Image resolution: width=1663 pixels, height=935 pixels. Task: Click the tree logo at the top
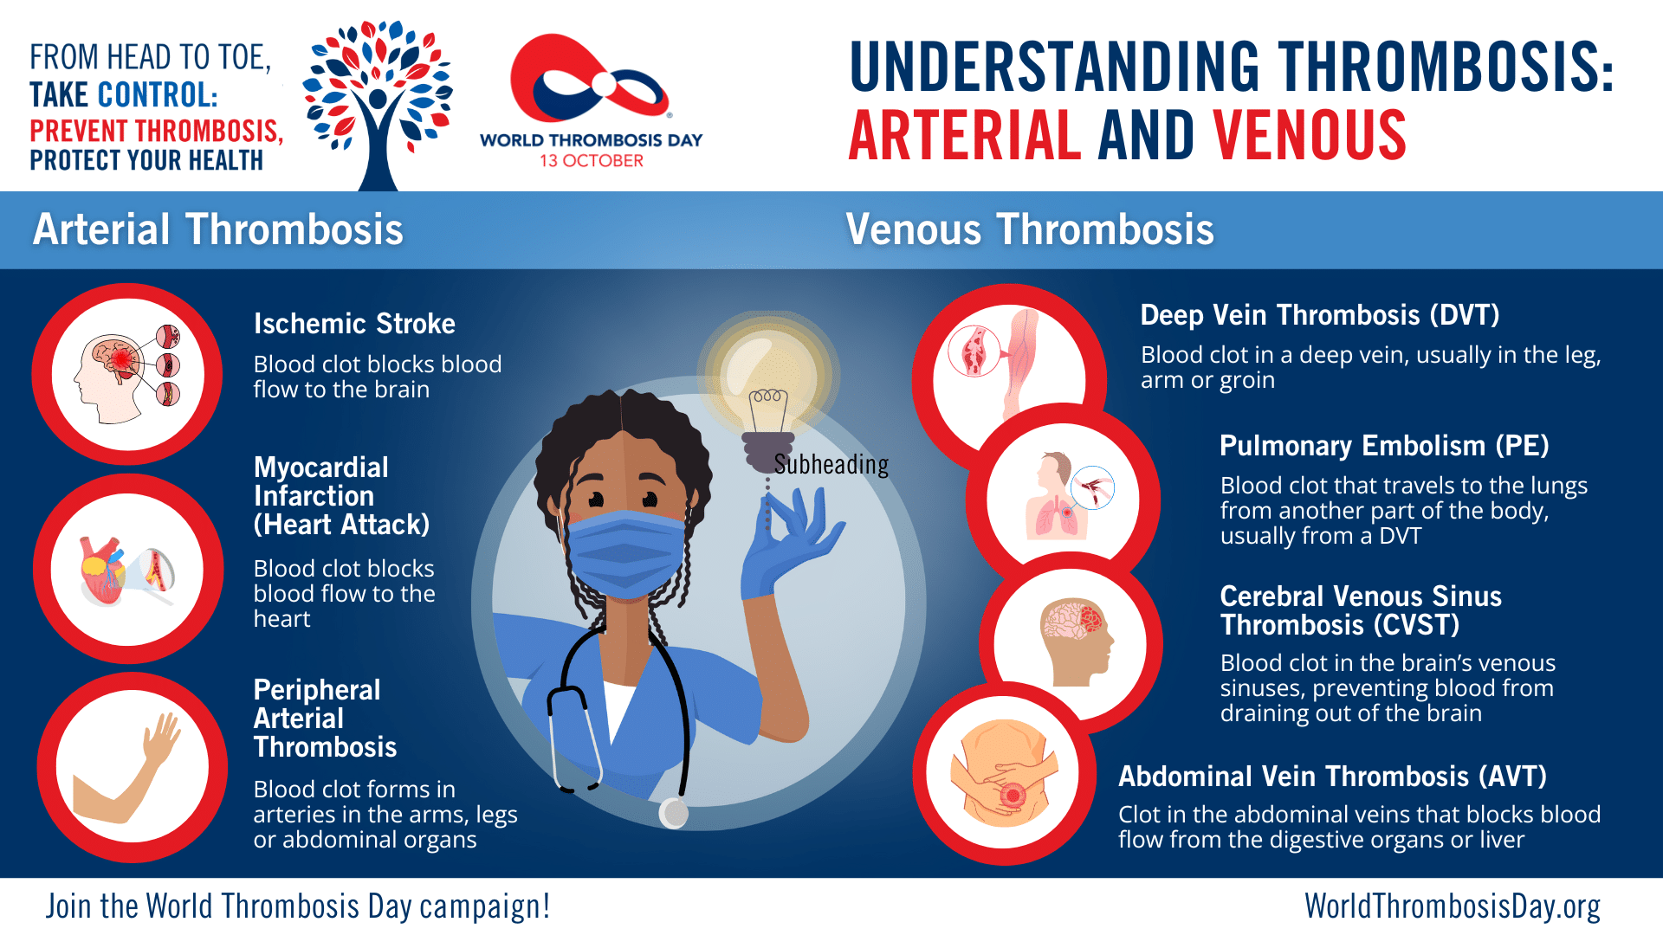point(378,104)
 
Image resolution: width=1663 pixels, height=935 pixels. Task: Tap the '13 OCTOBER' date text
point(592,161)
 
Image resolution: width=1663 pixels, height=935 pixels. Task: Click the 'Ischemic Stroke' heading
point(354,324)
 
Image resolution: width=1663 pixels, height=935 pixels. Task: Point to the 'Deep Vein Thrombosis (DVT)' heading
point(1320,315)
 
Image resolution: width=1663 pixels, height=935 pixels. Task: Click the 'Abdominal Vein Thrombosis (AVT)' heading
point(1332,777)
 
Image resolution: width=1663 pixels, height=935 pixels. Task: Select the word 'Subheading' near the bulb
point(831,465)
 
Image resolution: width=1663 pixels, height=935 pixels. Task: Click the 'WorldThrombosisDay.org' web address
point(1453,906)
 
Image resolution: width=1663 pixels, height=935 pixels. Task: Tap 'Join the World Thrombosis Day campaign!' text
point(298,906)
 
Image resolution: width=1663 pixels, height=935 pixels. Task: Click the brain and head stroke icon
point(127,374)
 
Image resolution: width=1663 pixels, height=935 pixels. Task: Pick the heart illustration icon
point(126,571)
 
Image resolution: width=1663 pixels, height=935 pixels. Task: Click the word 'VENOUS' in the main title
point(1310,136)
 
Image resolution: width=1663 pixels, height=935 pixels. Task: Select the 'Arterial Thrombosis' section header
point(218,229)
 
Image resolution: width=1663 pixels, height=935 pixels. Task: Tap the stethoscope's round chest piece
point(673,813)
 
